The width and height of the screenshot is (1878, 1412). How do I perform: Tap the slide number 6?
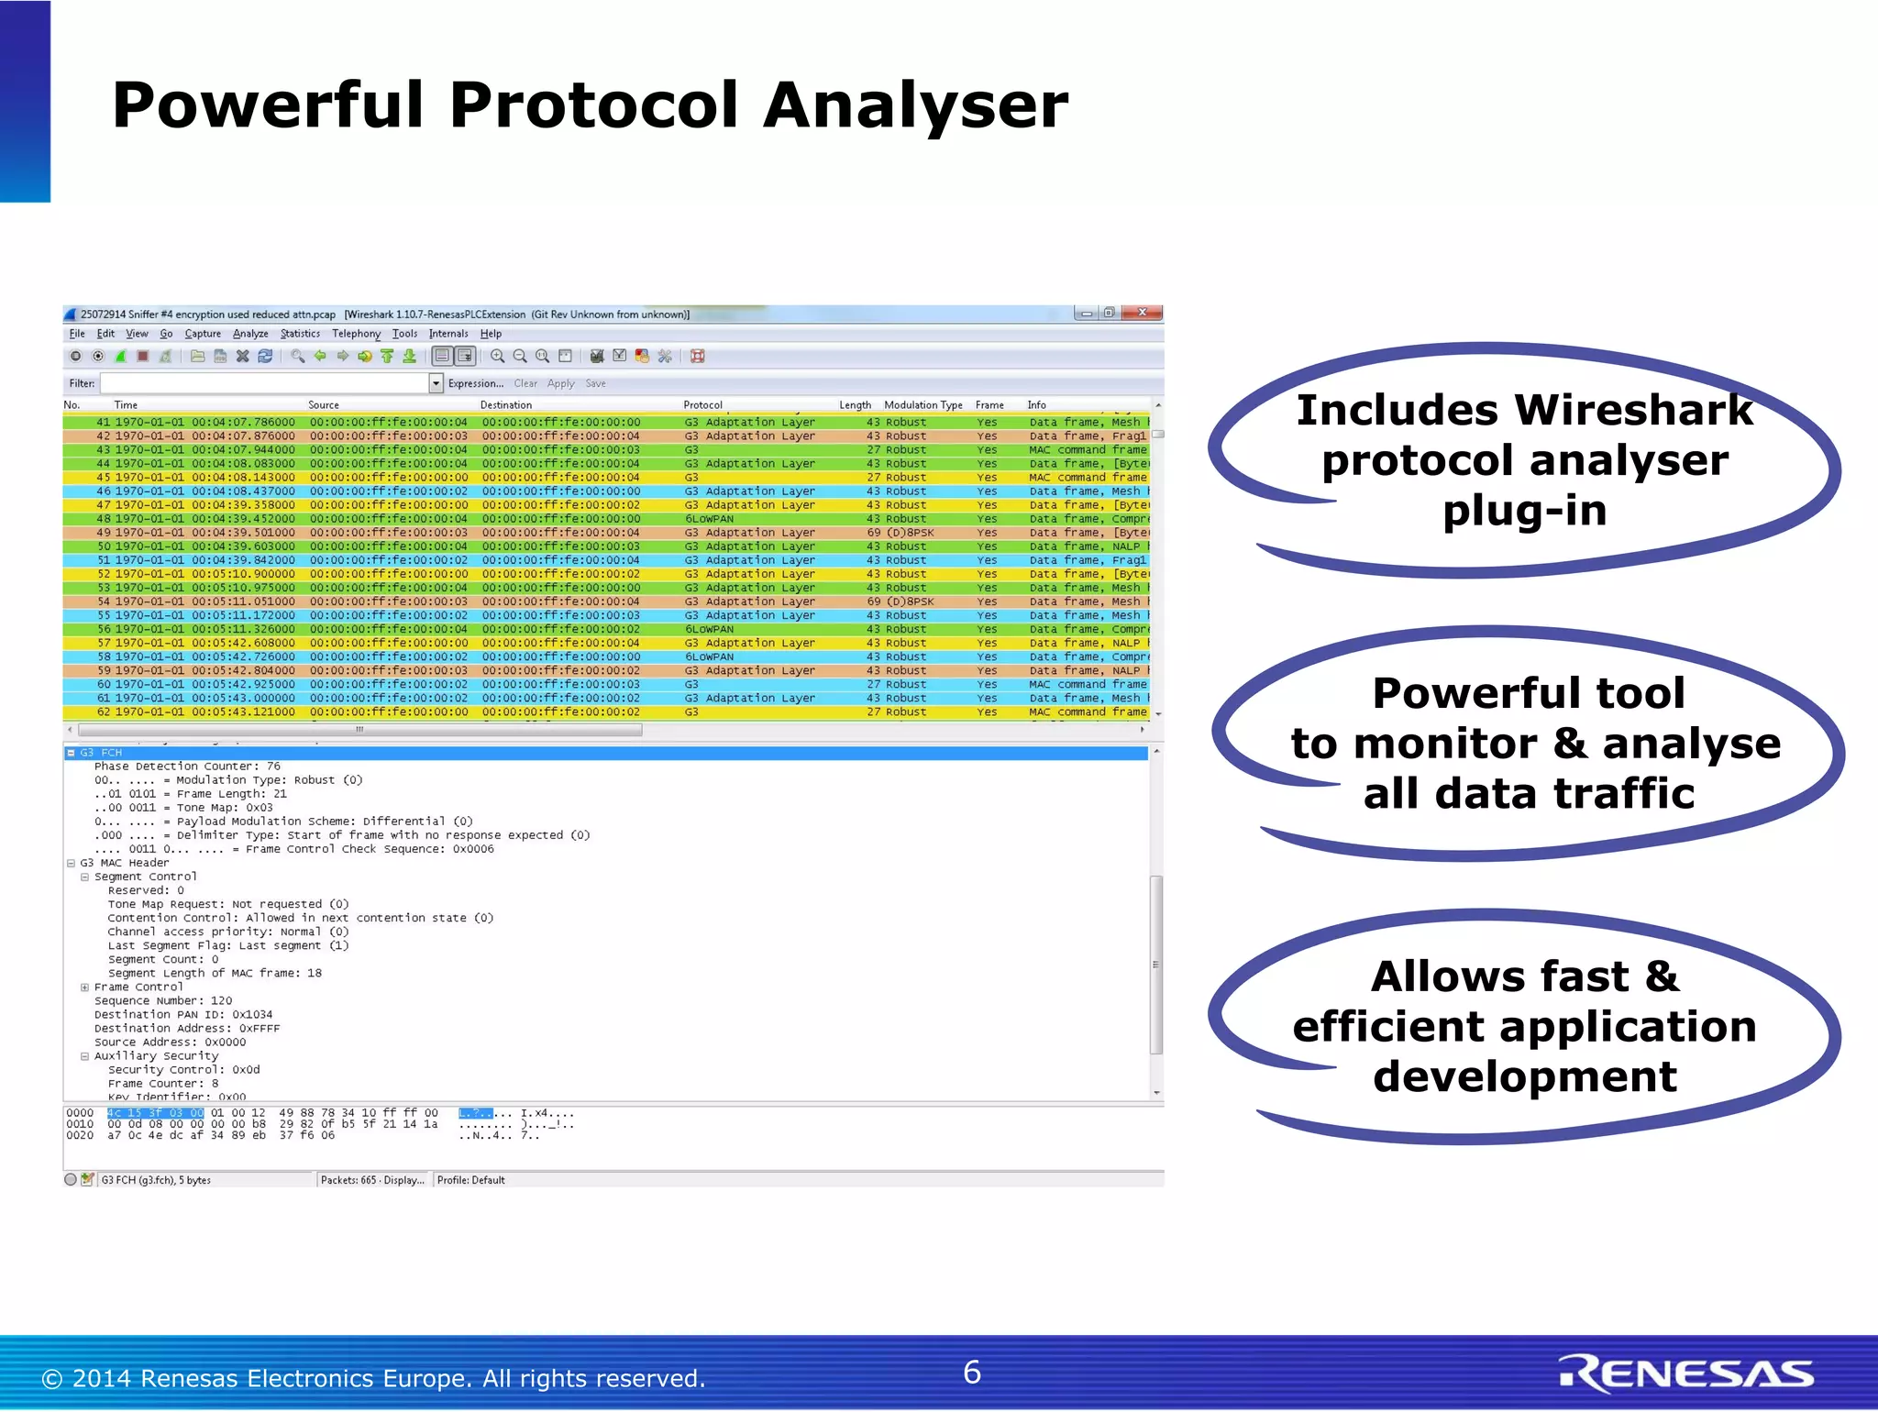point(972,1372)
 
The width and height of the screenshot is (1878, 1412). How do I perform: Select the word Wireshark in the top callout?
point(1633,410)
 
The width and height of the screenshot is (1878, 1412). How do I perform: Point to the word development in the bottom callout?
point(1524,1076)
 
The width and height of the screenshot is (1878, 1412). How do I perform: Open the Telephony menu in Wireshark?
point(356,334)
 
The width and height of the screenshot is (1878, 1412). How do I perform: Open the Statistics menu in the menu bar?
point(300,334)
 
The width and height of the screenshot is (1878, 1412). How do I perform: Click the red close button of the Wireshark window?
point(1142,313)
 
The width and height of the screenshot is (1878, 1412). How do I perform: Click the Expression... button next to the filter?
point(475,383)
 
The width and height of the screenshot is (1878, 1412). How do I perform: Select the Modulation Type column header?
point(922,404)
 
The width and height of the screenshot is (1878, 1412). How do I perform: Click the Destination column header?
point(506,404)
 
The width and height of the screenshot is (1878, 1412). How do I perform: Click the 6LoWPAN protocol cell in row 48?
point(710,519)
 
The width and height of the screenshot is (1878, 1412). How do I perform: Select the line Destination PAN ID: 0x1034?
point(183,1015)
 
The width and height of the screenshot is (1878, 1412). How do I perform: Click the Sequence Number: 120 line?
point(163,1001)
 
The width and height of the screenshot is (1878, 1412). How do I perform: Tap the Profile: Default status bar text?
point(470,1180)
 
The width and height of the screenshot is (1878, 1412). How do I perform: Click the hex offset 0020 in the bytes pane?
point(80,1135)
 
